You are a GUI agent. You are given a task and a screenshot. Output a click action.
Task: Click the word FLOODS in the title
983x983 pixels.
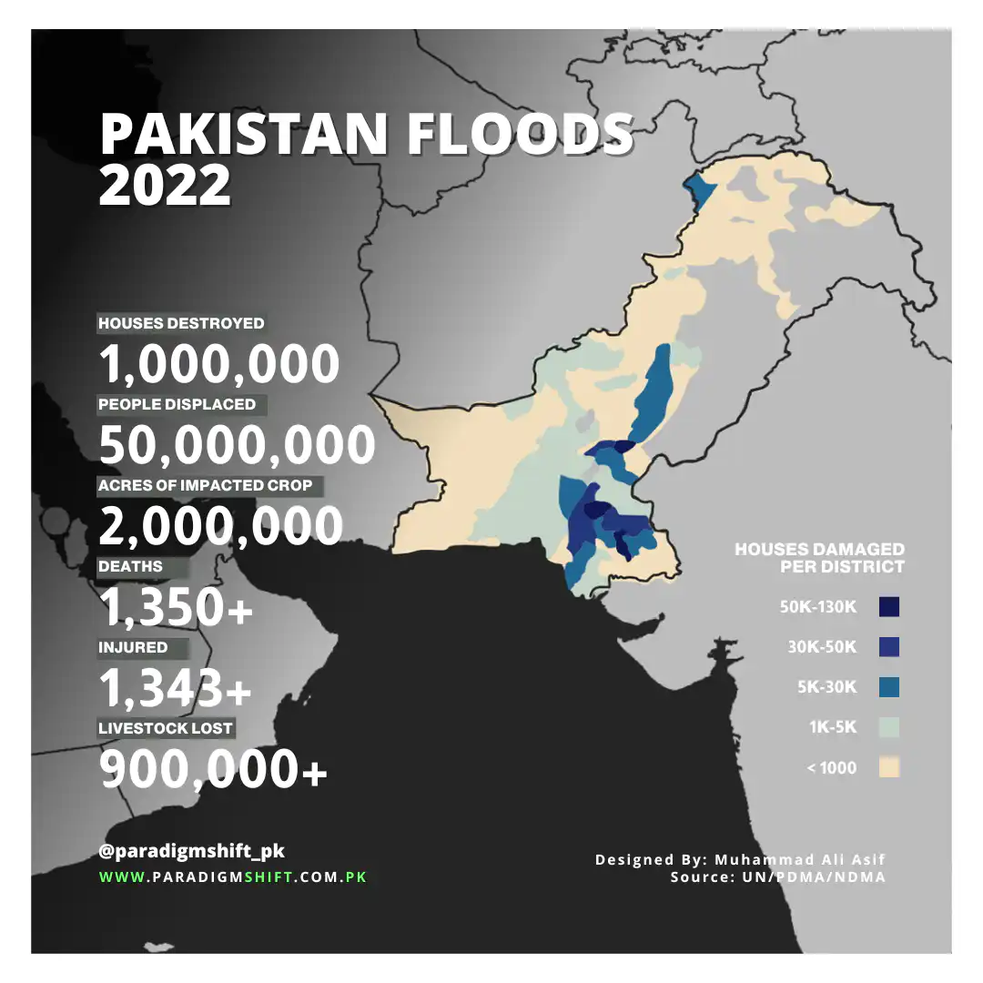click(520, 135)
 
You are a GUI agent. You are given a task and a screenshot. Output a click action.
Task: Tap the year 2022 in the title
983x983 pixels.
click(165, 186)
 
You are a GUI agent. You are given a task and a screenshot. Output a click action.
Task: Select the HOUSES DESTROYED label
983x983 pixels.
click(181, 323)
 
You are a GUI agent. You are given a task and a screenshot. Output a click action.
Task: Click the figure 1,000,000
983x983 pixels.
click(218, 365)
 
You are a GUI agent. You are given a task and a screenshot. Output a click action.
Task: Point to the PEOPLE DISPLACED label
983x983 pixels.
click(177, 404)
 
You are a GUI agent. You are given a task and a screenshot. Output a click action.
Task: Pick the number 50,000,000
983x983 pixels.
click(237, 446)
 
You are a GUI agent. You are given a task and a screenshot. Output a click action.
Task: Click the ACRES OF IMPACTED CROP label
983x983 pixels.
click(205, 485)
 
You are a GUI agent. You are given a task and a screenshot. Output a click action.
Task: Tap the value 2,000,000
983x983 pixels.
click(220, 526)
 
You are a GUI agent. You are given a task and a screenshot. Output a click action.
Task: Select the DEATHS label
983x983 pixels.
click(130, 566)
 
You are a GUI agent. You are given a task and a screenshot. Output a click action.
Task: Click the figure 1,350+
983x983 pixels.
click(176, 607)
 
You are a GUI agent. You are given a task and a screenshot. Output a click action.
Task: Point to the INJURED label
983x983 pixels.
click(133, 647)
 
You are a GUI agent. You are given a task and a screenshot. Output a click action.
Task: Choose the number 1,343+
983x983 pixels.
click(176, 688)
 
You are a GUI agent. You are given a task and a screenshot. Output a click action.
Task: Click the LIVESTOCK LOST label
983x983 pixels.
click(166, 728)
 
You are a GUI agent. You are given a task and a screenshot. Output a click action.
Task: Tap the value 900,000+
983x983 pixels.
click(213, 770)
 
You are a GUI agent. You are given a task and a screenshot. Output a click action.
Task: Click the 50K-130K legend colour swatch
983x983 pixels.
click(889, 607)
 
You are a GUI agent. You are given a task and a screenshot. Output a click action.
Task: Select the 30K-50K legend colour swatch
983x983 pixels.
click(889, 647)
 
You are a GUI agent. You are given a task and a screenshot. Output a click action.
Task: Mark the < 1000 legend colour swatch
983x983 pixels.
click(889, 767)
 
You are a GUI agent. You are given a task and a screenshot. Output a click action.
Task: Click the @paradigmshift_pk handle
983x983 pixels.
click(192, 852)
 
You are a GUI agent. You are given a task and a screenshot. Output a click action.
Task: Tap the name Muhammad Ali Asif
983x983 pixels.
click(800, 859)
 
